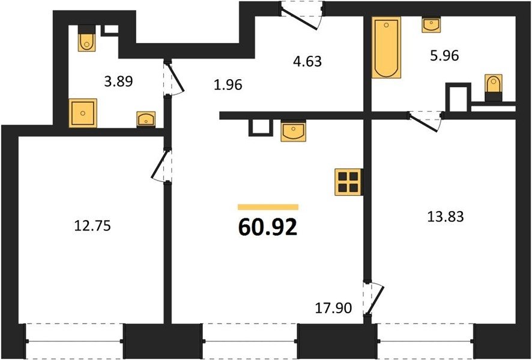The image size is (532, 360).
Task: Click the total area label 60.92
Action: tap(268, 227)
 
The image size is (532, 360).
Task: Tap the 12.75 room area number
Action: tap(92, 226)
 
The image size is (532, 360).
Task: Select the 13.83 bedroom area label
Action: tap(445, 216)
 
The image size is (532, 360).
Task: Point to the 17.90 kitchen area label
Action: tap(333, 308)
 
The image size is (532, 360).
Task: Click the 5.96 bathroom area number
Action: tap(444, 55)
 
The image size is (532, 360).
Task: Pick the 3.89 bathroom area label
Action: tap(118, 82)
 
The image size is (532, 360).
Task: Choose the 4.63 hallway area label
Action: tap(307, 62)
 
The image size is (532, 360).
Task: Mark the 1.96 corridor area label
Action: tap(228, 85)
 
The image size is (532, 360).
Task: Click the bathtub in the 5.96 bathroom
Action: tap(386, 47)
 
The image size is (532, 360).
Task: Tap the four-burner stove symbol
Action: tap(349, 182)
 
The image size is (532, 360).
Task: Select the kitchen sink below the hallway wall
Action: tap(293, 130)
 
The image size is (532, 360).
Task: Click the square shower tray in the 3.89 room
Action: tap(83, 113)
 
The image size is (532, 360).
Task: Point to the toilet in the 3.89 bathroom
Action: tap(86, 38)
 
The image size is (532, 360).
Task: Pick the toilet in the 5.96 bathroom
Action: tap(494, 88)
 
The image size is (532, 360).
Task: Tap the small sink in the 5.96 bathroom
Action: tap(431, 25)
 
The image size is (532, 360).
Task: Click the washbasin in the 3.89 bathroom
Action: tap(146, 119)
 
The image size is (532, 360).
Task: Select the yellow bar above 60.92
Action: tap(268, 207)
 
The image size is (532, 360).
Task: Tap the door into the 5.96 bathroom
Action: tap(426, 121)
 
